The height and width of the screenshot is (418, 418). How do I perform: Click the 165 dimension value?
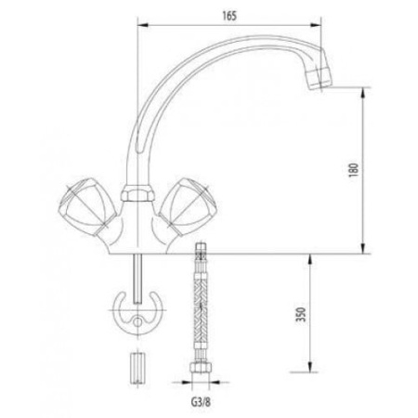point(229,16)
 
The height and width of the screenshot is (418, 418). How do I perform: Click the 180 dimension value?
point(353,170)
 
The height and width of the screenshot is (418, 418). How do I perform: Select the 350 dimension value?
point(301,315)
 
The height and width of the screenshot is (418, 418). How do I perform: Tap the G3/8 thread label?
point(201,402)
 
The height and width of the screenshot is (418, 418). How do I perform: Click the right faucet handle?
point(186,206)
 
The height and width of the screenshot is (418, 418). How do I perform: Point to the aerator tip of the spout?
point(319,77)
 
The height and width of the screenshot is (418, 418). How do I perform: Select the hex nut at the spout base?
point(137,193)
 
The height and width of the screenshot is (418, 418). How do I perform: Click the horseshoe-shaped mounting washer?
point(137,313)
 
